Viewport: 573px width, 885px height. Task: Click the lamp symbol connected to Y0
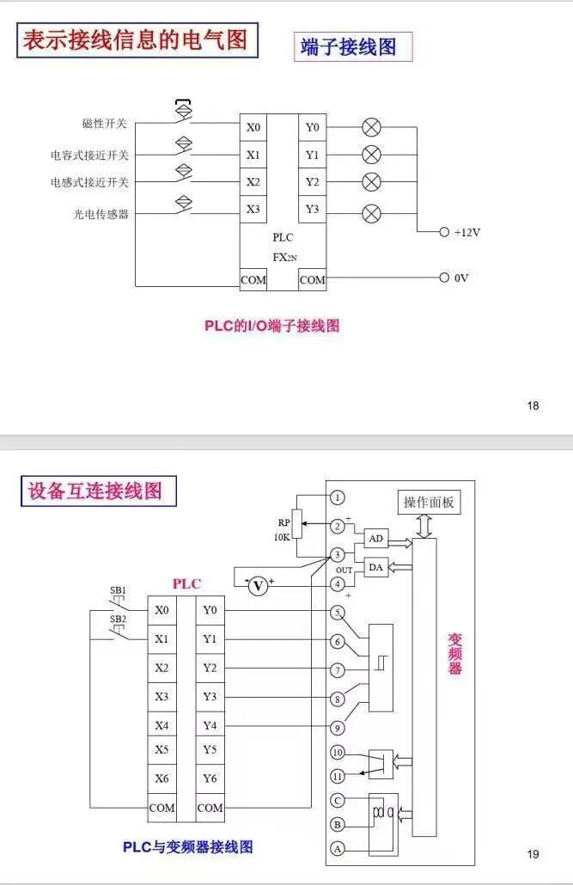pyautogui.click(x=371, y=128)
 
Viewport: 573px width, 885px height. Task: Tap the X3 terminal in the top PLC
pyautogui.click(x=253, y=209)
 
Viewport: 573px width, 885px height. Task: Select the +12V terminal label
pyautogui.click(x=467, y=232)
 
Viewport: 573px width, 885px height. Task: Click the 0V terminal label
pyautogui.click(x=461, y=278)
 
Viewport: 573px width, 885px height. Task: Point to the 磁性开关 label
pyautogui.click(x=104, y=124)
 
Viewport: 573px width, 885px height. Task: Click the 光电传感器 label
pyautogui.click(x=101, y=214)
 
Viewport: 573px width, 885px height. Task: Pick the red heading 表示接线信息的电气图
pyautogui.click(x=136, y=40)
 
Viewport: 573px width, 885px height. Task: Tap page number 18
pyautogui.click(x=533, y=406)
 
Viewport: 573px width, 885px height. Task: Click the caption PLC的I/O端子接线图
pyautogui.click(x=271, y=326)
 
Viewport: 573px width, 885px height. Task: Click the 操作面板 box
pyautogui.click(x=429, y=503)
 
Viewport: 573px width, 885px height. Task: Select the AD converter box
pyautogui.click(x=375, y=539)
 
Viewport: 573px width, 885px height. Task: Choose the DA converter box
pyautogui.click(x=375, y=568)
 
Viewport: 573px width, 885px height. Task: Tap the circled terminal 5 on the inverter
pyautogui.click(x=338, y=612)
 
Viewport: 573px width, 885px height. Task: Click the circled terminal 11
pyautogui.click(x=338, y=776)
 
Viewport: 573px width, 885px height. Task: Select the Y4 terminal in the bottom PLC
pyautogui.click(x=210, y=725)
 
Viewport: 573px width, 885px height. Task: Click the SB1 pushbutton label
pyautogui.click(x=119, y=590)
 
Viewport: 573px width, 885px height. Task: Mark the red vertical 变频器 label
pyautogui.click(x=455, y=654)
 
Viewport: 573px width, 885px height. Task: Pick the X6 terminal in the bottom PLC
pyautogui.click(x=162, y=779)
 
